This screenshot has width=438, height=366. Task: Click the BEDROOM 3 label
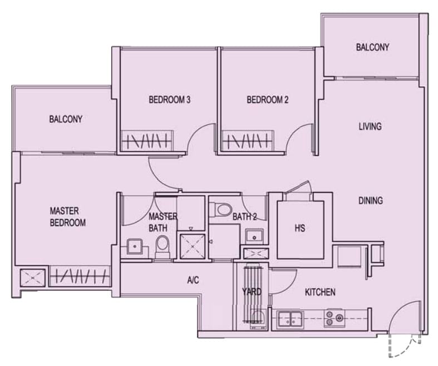coord(170,100)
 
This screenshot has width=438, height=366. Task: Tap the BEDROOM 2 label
coord(268,100)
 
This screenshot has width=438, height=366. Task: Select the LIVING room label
coord(370,126)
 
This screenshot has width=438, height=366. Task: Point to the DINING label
coord(371,200)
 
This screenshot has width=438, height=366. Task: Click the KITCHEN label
coord(320,292)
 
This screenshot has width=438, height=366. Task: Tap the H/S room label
coord(300,229)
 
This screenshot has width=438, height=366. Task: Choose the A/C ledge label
coord(193,280)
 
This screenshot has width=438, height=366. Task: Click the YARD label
coord(252,292)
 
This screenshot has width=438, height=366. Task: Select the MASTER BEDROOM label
coord(67,216)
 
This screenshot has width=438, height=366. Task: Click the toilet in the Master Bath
coord(163,246)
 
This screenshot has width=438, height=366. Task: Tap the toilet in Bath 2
coord(221,209)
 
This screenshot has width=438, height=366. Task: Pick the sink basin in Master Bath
coord(135,246)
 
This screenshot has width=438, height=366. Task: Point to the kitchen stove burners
coord(334,318)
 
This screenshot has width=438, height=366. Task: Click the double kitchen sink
coord(290,319)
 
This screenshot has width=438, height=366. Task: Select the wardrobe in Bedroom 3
coord(147,141)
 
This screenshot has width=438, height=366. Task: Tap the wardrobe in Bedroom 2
coord(247,141)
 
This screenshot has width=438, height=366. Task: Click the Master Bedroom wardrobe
coord(80,276)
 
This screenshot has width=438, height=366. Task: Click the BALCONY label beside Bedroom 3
coord(66,119)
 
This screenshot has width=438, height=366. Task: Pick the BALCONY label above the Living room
coord(373,47)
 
